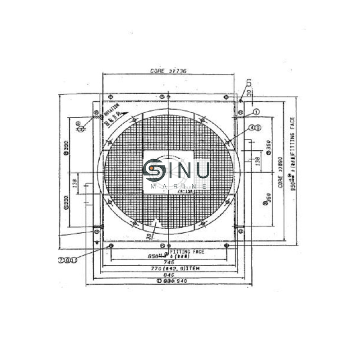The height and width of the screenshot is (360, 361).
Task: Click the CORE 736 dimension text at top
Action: [x=168, y=71]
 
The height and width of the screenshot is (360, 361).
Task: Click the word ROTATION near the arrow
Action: [x=111, y=108]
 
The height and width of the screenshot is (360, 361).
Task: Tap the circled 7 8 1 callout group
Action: [x=67, y=260]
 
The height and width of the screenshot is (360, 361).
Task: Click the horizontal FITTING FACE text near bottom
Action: [x=187, y=251]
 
